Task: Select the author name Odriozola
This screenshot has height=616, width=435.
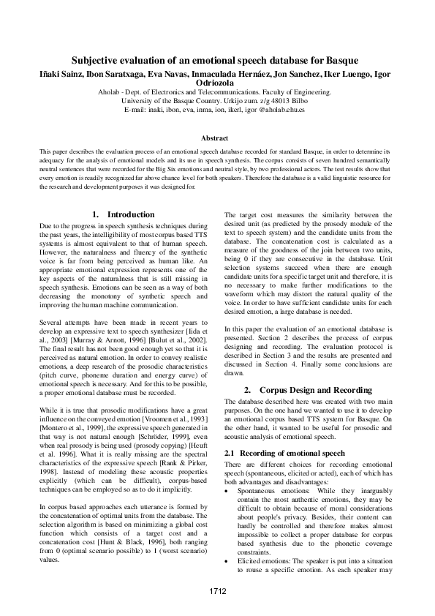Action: click(217, 83)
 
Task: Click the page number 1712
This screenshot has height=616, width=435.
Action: click(217, 590)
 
